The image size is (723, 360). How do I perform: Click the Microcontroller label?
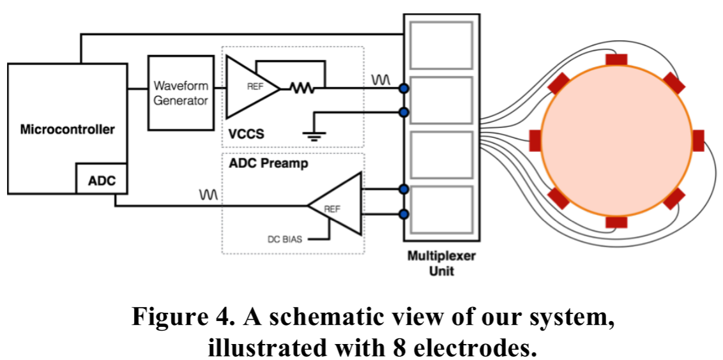[67, 130]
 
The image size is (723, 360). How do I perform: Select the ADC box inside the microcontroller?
[102, 181]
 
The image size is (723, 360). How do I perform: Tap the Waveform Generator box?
[181, 93]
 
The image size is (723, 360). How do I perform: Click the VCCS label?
[246, 135]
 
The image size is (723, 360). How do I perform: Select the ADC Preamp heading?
[268, 163]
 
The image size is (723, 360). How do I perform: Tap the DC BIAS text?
[284, 240]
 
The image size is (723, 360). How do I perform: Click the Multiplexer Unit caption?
[441, 264]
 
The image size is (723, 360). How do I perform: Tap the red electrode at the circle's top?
[616, 59]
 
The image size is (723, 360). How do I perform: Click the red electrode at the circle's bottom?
[616, 222]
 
